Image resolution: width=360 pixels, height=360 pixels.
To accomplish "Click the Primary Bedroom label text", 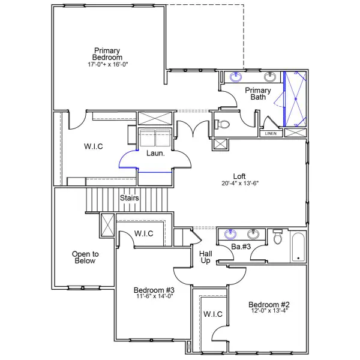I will (107, 54).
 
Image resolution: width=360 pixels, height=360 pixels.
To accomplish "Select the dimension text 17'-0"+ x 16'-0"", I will (107, 64).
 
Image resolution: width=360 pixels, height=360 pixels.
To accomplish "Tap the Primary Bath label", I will (257, 94).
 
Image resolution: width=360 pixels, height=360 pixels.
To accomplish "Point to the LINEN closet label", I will (271, 133).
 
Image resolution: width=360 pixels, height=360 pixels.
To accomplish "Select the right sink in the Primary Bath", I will (271, 77).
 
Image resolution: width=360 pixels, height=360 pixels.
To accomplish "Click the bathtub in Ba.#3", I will (298, 247).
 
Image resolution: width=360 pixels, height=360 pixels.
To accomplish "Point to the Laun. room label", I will (155, 154).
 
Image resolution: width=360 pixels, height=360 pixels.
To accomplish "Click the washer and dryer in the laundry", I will (155, 137).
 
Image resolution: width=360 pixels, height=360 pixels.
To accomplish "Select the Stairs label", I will (130, 197).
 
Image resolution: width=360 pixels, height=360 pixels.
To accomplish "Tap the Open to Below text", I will (85, 257).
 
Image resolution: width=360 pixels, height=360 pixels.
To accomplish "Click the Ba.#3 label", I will (241, 247).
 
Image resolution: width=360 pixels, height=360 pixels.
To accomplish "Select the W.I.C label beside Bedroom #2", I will (213, 314).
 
